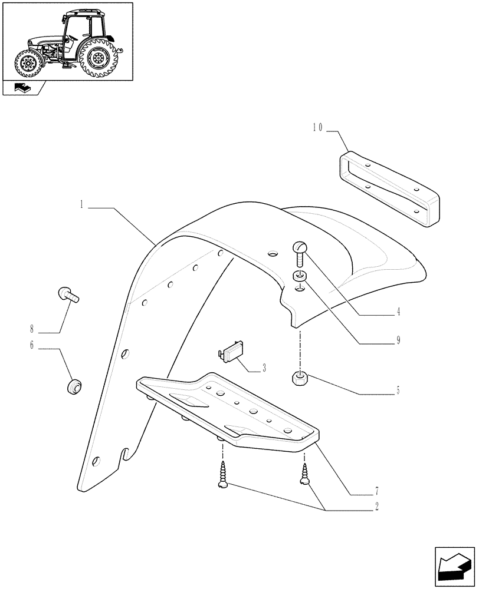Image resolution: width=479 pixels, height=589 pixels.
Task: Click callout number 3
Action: tap(263, 369)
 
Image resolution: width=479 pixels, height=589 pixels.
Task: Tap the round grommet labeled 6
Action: tap(74, 387)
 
